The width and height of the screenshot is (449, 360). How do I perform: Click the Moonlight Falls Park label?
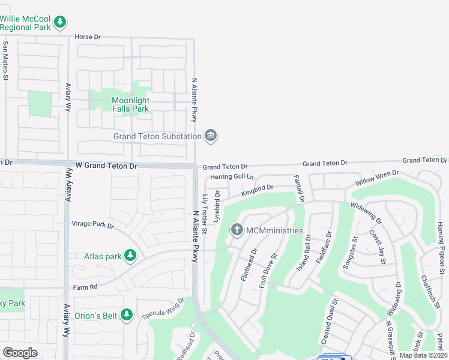130,104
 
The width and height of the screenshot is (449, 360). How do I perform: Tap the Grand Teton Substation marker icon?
211,136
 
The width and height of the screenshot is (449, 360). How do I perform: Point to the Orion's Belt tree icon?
126,314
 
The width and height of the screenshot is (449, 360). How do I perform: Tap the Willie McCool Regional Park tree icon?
59,22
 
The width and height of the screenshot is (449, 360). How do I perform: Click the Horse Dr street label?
87,37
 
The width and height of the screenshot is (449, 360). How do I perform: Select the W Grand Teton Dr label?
106,166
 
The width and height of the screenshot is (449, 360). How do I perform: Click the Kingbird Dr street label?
258,191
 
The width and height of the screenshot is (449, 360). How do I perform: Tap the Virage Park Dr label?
93,224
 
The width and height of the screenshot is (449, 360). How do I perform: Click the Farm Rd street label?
85,287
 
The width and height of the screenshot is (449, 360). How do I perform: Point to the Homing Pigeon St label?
441,240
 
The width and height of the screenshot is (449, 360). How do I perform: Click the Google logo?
20,353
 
